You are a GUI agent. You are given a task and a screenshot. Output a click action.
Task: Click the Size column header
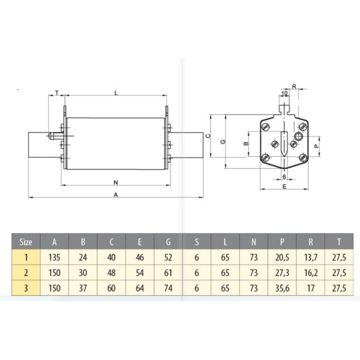[25, 242]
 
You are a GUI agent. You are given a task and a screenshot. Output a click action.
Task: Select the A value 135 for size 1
[55, 257]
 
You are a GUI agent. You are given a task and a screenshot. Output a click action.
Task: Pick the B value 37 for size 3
[83, 287]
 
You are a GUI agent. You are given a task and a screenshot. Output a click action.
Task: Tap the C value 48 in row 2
[112, 272]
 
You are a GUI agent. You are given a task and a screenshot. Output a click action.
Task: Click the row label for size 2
[25, 272]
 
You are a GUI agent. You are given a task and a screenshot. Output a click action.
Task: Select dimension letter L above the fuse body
[115, 92]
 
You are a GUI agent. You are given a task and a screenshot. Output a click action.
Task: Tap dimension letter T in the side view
[56, 92]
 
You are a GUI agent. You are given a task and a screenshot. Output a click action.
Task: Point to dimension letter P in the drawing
[317, 145]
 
